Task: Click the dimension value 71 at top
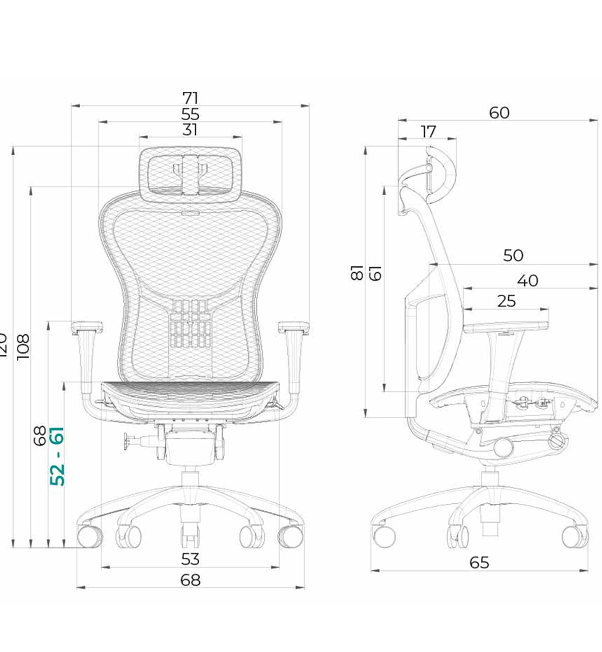190,98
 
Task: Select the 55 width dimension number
190,114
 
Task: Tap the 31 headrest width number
190,130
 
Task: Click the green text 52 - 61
57,456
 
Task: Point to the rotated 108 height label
23,347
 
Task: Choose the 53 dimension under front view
190,559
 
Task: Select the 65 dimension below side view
479,563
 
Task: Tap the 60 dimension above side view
499,113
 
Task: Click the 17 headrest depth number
428,132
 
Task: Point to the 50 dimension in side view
513,255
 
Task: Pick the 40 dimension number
528,281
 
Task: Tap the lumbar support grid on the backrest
190,323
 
